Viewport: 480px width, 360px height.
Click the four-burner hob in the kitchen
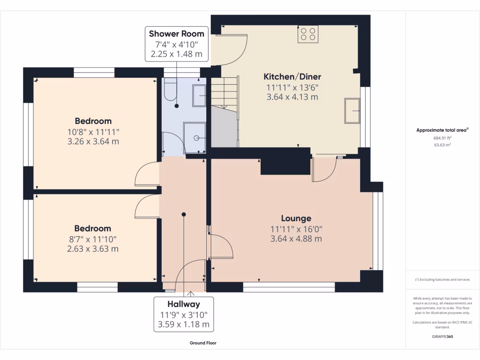[307, 34]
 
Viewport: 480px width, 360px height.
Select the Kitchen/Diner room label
[292, 76]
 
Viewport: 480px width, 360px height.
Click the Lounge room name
[296, 218]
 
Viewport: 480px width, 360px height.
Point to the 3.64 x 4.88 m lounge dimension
[296, 239]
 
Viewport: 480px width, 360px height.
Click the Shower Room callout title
[176, 34]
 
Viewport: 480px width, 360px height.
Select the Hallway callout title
[183, 304]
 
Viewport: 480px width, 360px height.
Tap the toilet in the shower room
[171, 89]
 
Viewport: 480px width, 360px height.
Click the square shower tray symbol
[195, 137]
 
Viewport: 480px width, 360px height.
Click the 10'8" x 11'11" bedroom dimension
[93, 131]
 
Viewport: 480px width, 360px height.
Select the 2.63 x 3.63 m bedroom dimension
[93, 249]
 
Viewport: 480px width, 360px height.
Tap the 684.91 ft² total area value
[442, 138]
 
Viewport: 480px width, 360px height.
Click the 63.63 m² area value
[442, 145]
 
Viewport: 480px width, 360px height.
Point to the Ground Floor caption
[202, 343]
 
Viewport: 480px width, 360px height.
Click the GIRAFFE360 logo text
[442, 337]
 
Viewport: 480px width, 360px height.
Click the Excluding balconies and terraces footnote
[442, 280]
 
